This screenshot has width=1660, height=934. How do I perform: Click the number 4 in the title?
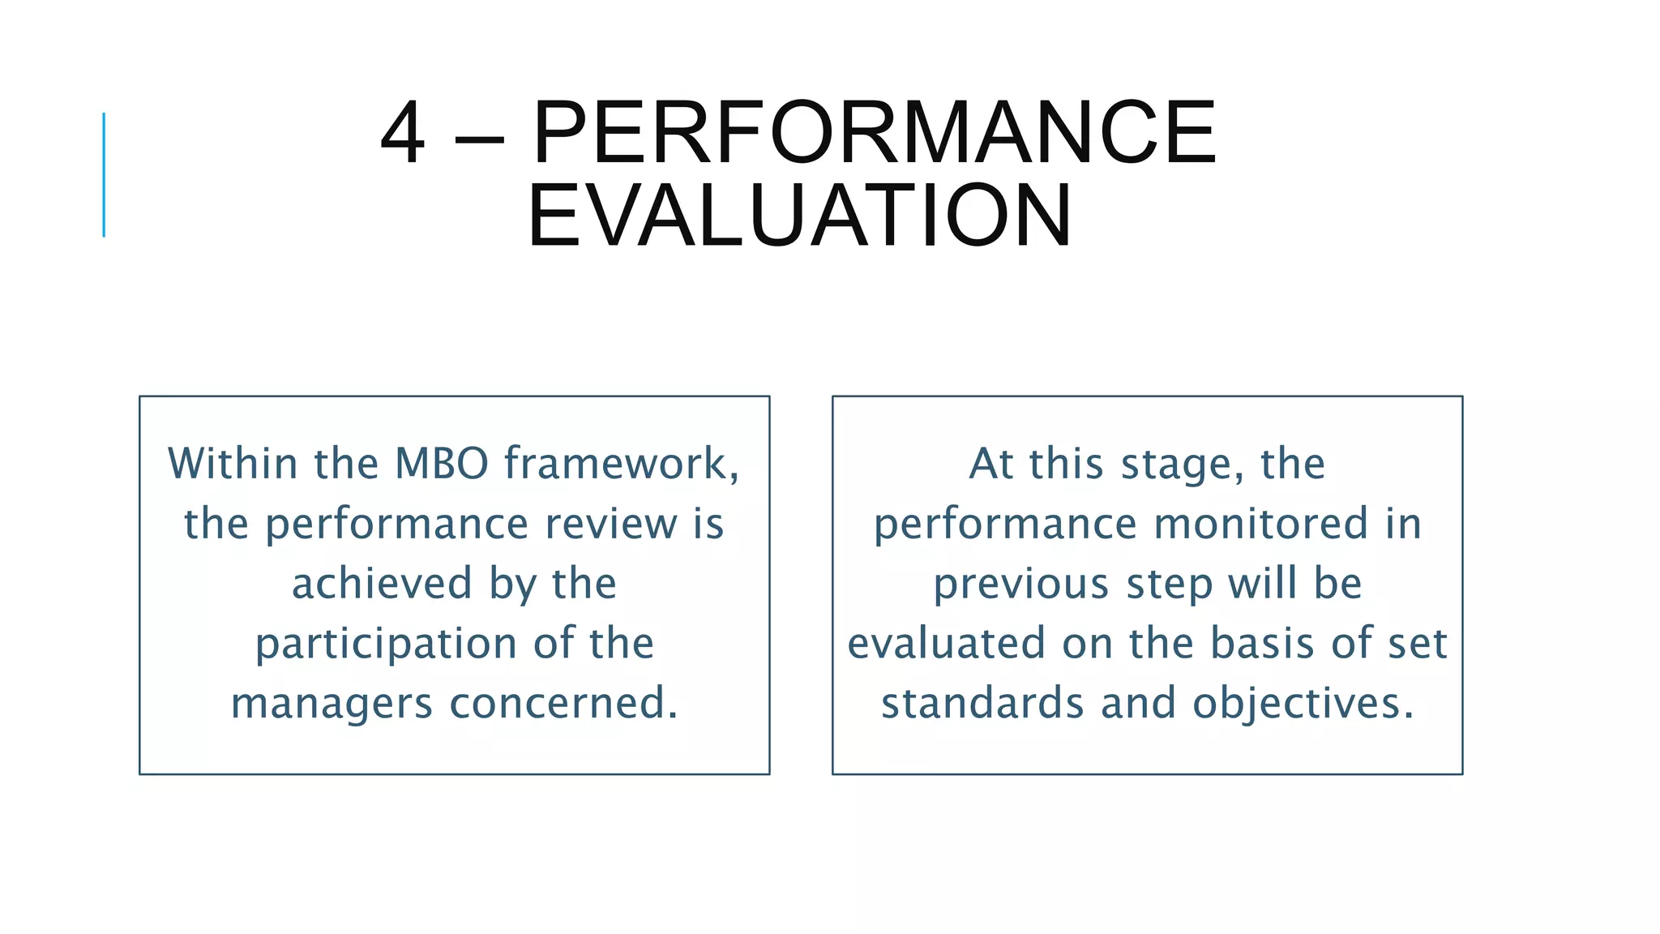click(x=403, y=134)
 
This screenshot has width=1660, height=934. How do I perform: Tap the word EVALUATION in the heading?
click(x=800, y=216)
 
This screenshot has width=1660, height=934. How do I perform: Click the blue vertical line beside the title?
click(x=104, y=174)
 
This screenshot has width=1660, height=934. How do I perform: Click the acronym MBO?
click(x=442, y=464)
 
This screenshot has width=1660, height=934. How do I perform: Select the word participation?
click(x=386, y=645)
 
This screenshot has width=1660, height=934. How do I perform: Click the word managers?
click(x=332, y=704)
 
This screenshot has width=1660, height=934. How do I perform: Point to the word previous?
click(x=1020, y=584)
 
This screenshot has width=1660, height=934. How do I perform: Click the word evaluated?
click(x=946, y=643)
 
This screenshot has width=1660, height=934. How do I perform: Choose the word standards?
click(x=982, y=703)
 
